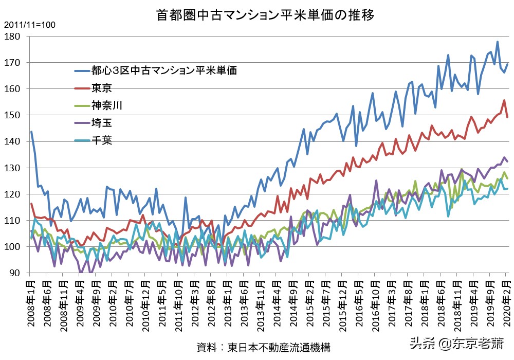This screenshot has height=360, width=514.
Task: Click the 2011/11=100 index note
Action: pyautogui.click(x=30, y=25)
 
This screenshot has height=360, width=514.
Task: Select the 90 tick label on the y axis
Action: pyautogui.click(x=14, y=273)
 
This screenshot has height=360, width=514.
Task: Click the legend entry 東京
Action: pyautogui.click(x=102, y=88)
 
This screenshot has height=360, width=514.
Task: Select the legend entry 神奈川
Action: pyautogui.click(x=107, y=105)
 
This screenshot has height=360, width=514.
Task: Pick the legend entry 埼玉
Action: pyautogui.click(x=102, y=123)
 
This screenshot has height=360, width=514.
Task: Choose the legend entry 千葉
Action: pyautogui.click(x=102, y=140)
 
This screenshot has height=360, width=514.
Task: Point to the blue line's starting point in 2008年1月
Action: pyautogui.click(x=31, y=132)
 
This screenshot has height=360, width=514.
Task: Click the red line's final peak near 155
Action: pyautogui.click(x=504, y=100)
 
